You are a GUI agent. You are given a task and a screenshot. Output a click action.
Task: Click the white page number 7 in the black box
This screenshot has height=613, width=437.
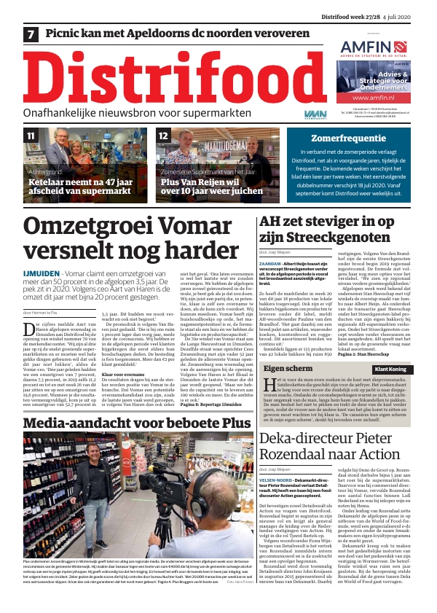click(x=31, y=34)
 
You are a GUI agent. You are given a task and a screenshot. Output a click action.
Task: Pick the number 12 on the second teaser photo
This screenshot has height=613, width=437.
click(x=164, y=136)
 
